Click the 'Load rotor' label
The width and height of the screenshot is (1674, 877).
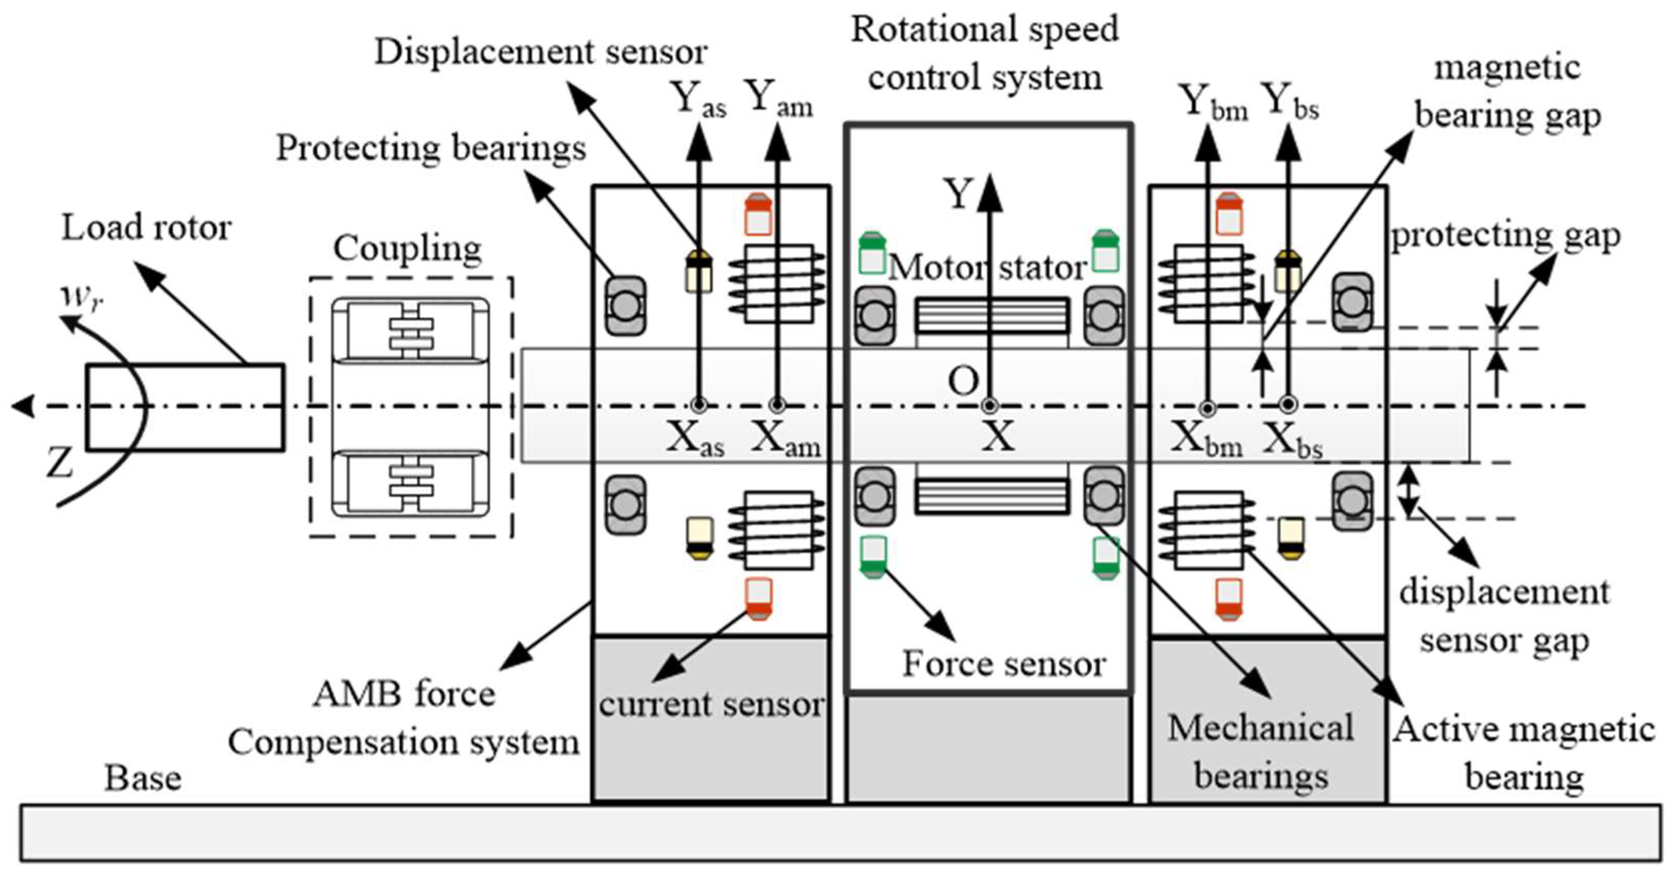click(x=145, y=228)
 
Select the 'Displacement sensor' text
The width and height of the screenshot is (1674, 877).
click(x=541, y=52)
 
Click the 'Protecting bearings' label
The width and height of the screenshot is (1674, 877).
click(x=431, y=149)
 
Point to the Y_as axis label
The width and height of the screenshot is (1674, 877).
click(x=698, y=99)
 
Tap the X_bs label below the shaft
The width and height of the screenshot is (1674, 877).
click(x=1292, y=441)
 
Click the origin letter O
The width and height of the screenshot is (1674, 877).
click(x=963, y=381)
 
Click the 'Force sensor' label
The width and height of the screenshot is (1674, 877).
click(x=1003, y=664)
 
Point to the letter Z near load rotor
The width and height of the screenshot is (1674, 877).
click(x=60, y=463)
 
